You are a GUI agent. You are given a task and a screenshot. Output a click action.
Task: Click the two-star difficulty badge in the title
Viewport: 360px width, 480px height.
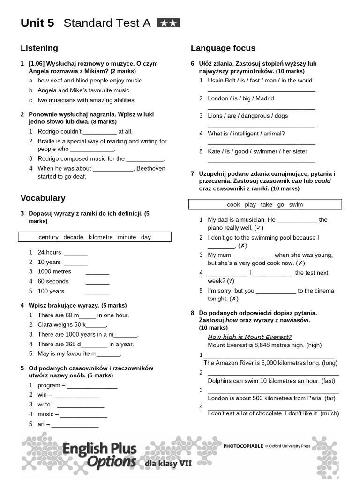click(168, 23)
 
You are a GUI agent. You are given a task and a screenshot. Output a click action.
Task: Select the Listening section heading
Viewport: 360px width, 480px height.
click(39, 48)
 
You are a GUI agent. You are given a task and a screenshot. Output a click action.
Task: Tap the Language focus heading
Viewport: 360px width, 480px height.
click(223, 48)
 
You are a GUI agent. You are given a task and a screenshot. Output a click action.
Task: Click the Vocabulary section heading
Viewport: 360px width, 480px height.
click(43, 198)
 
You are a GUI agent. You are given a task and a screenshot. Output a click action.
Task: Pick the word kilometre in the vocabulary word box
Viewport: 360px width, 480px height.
click(100, 237)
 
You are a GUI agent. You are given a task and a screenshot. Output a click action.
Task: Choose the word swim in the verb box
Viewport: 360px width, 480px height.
click(296, 204)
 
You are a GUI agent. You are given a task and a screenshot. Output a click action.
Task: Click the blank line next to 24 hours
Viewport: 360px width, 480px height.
click(75, 253)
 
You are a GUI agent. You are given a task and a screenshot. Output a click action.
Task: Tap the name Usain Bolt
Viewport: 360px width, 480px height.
click(223, 81)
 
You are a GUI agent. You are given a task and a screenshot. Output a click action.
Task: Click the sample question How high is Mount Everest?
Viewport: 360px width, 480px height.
click(249, 337)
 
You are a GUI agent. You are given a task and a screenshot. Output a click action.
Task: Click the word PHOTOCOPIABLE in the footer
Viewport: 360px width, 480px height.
click(243, 446)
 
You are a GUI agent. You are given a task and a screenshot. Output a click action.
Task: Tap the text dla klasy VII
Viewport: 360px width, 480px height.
click(168, 463)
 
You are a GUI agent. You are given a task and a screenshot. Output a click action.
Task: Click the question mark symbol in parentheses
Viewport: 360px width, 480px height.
click(231, 281)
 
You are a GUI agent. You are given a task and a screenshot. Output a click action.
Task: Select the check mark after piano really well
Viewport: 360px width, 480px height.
click(259, 228)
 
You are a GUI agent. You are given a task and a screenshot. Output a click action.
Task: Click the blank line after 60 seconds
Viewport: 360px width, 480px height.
click(97, 282)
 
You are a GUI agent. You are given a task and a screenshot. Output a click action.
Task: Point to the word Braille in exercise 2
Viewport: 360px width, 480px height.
click(48, 142)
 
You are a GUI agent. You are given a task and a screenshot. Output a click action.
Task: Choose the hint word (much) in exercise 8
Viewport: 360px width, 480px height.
click(330, 413)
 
